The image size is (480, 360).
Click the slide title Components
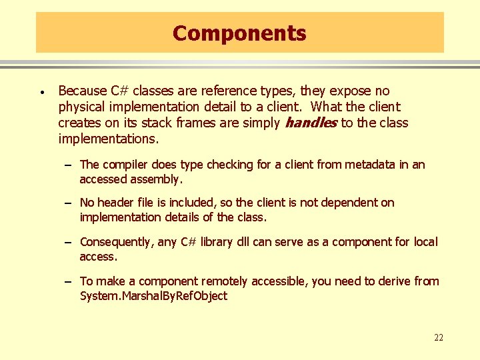tap(239, 33)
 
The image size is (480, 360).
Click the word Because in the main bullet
tap(83, 91)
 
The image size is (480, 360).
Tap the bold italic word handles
tap(311, 123)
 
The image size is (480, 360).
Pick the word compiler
tap(127, 165)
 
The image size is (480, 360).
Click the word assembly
tap(156, 179)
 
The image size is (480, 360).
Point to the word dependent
tap(353, 203)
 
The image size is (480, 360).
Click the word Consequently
tap(117, 242)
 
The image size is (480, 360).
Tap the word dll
tap(243, 242)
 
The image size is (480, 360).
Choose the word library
tap(216, 242)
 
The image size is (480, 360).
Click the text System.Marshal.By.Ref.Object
tap(153, 296)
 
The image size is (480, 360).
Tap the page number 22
tap(438, 337)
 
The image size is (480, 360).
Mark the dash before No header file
tap(69, 203)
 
